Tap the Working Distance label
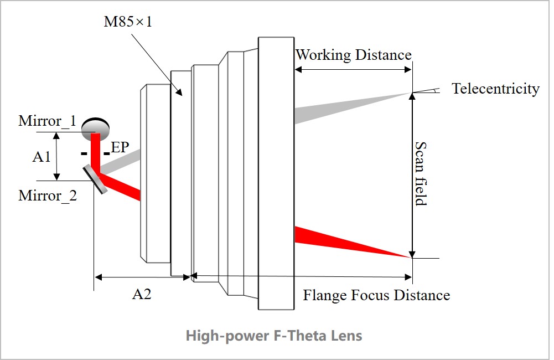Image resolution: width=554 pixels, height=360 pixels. tap(353, 55)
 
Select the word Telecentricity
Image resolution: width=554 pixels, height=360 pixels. tap(495, 89)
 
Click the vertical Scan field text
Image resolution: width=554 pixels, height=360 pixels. tap(421, 173)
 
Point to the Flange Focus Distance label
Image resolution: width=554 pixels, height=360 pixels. tap(376, 295)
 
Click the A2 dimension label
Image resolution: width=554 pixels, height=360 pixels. tap(142, 294)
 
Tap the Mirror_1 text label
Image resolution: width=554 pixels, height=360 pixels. tap(47, 121)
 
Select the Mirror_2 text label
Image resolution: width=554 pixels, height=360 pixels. tap(48, 196)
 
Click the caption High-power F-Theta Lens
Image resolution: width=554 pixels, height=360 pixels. tap(273, 336)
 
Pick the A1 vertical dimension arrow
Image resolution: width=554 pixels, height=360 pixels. tap(56, 156)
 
